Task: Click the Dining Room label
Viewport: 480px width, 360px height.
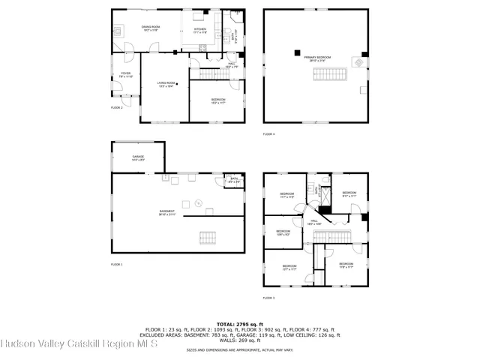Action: pos(151,28)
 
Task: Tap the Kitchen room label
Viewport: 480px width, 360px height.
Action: pos(199,31)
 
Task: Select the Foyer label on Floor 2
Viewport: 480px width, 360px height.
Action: pos(126,75)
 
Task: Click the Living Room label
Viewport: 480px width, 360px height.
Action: pos(166,84)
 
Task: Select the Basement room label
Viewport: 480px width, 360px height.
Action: pos(167,212)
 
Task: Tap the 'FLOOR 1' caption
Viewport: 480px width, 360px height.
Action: pos(117,265)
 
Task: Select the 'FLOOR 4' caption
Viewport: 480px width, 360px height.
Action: pos(268,134)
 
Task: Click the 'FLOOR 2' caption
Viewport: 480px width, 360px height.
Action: pos(117,108)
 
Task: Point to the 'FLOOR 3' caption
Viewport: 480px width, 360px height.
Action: pos(268,298)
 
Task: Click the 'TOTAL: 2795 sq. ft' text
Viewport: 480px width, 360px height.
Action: pos(240,320)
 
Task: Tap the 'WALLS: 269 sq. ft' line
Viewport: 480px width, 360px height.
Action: pos(240,339)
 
